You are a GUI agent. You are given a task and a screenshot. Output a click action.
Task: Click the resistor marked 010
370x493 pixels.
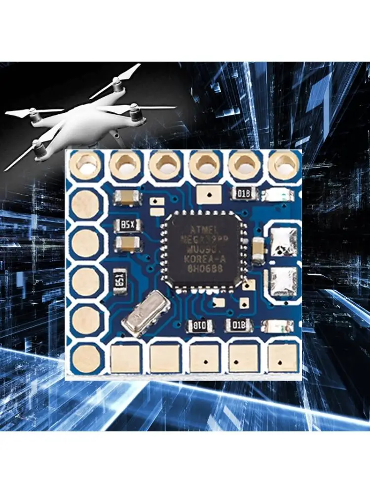200,325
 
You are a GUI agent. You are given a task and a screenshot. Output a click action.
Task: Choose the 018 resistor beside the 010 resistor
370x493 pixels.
239,325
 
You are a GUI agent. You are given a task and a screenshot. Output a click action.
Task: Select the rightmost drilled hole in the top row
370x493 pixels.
284,164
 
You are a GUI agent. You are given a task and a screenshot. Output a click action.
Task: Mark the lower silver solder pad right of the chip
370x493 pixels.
283,282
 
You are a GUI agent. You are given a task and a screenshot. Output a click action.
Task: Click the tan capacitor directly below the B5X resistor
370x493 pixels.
127,243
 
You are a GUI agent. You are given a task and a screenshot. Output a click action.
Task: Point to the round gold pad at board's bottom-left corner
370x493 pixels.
87,357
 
